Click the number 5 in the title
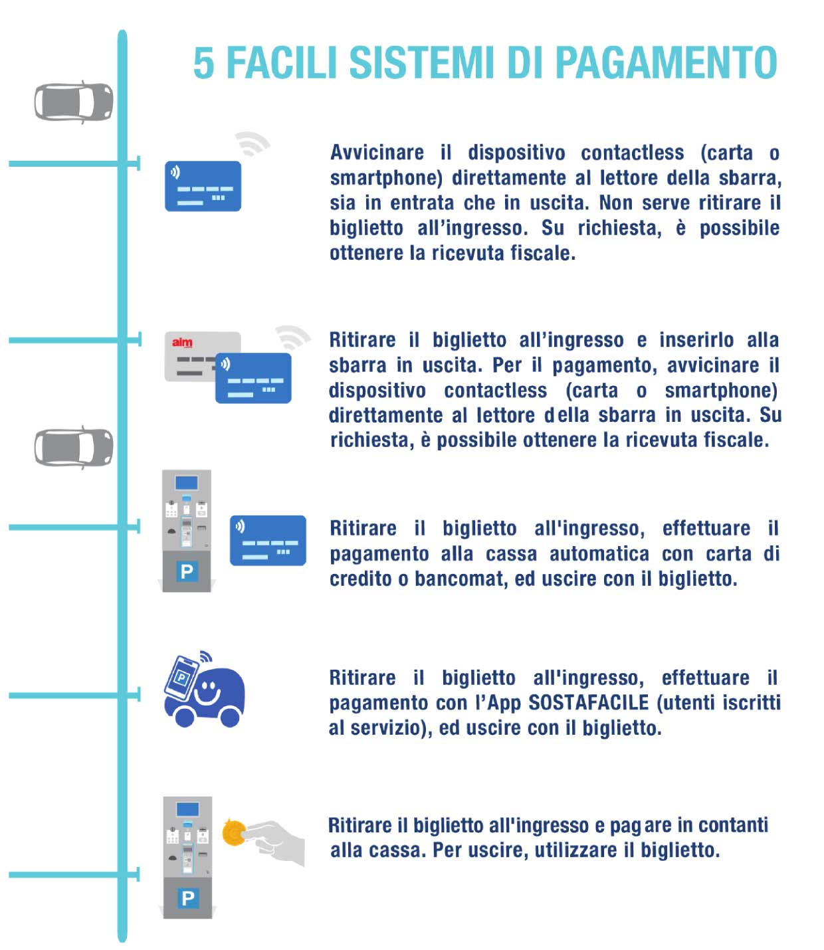[203, 63]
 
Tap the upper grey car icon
[74, 102]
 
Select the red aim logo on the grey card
[181, 342]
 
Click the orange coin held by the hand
[233, 832]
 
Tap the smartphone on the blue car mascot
[182, 677]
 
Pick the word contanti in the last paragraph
[732, 825]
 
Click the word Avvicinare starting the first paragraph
[377, 153]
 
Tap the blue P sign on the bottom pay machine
[188, 898]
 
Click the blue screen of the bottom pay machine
[187, 810]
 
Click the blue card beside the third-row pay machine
[268, 540]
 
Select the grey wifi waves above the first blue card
[252, 143]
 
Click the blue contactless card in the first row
[203, 186]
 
